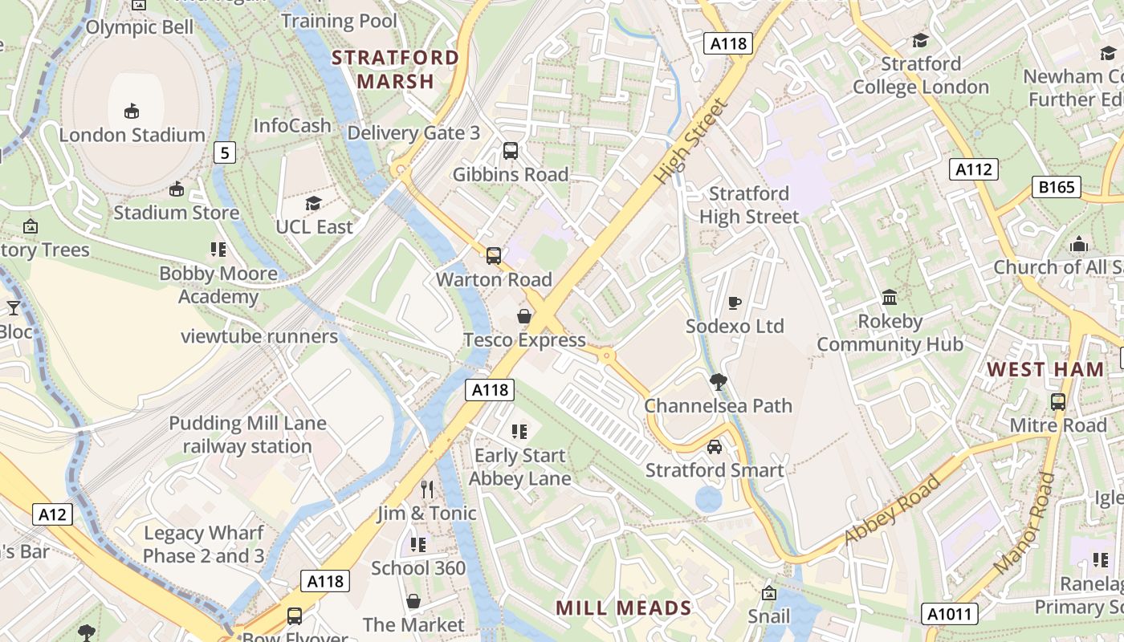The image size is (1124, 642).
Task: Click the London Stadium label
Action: click(x=132, y=135)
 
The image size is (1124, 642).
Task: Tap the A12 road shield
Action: click(x=53, y=514)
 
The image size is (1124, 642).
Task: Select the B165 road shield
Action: click(x=1057, y=187)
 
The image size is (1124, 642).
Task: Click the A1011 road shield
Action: click(x=950, y=615)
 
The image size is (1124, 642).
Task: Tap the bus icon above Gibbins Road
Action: click(x=510, y=151)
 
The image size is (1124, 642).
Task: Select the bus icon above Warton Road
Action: click(x=494, y=256)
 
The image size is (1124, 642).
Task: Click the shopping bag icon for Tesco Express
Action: click(x=524, y=316)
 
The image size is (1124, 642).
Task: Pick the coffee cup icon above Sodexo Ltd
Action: click(x=734, y=303)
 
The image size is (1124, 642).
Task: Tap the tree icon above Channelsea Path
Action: click(x=718, y=381)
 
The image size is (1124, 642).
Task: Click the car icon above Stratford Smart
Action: click(x=714, y=446)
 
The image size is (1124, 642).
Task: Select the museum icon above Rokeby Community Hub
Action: click(x=890, y=298)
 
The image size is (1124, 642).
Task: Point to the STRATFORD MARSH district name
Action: click(x=395, y=69)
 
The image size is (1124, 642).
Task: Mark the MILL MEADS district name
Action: click(x=623, y=607)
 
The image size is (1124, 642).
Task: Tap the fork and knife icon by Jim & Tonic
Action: click(x=427, y=489)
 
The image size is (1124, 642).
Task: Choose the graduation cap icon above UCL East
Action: click(x=313, y=204)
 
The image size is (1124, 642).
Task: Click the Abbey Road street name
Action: click(x=892, y=510)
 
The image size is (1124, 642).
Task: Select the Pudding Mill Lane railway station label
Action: click(x=247, y=435)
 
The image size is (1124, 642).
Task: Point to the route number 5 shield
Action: click(x=225, y=152)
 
